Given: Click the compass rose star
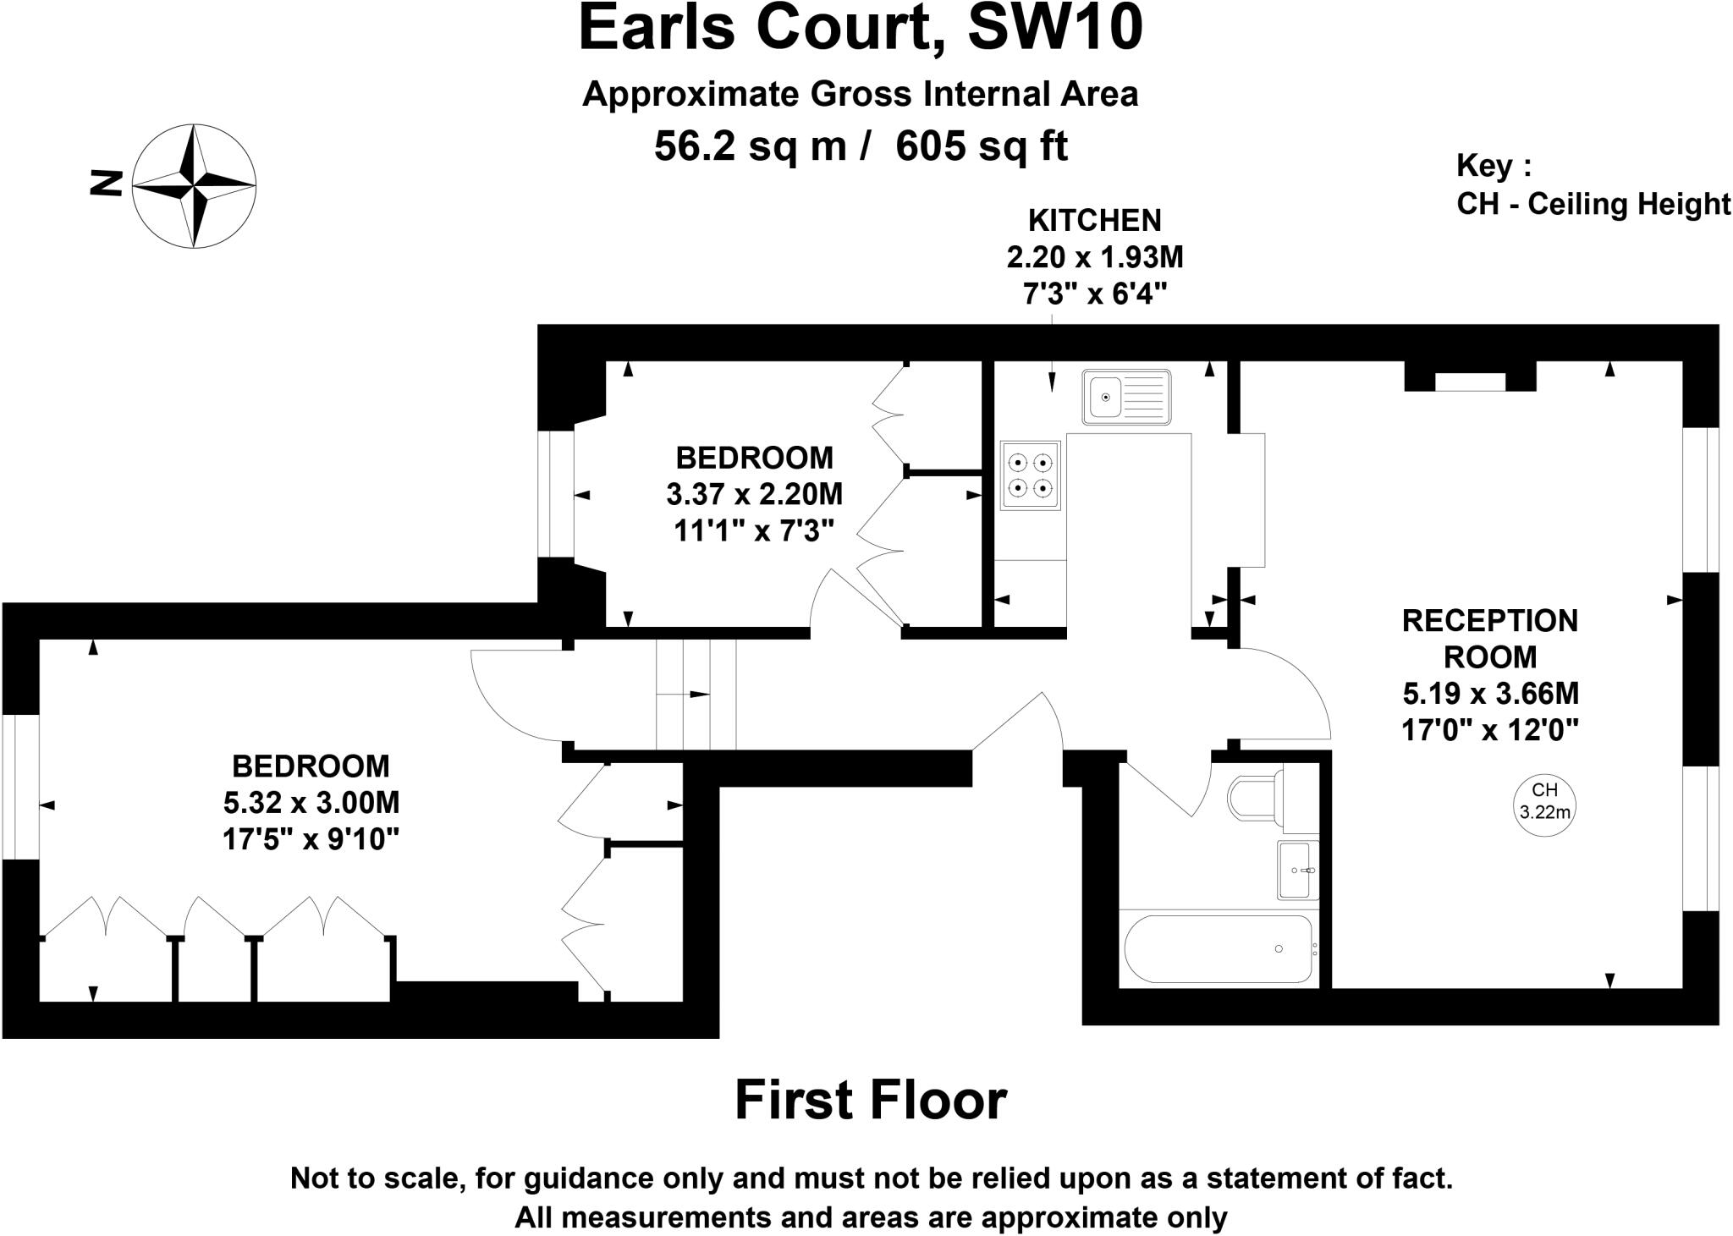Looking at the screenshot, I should click(195, 185).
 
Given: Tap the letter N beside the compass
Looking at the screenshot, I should click(107, 184).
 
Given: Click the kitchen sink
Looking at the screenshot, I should click(1125, 396).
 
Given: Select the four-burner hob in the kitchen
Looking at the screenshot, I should click(1030, 475).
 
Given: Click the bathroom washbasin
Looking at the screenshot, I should click(1297, 870).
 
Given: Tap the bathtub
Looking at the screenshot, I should click(1218, 948).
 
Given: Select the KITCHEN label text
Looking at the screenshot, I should click(1094, 221).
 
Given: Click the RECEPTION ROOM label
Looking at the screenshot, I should click(1490, 639).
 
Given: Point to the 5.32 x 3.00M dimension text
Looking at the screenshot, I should click(311, 802).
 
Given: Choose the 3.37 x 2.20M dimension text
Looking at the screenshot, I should click(754, 494).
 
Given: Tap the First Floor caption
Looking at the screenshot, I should click(870, 1100).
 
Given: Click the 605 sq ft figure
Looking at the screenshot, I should click(982, 146).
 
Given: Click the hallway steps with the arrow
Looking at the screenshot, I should click(696, 695).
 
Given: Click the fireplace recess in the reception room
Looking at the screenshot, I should click(1470, 378).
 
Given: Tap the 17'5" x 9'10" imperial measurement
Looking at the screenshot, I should click(311, 839).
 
